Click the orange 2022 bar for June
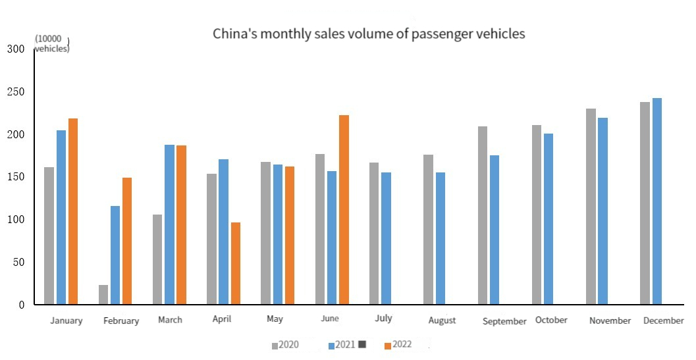tap(344, 209)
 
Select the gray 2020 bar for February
tap(103, 294)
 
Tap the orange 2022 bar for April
tap(236, 263)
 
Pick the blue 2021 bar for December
tap(656, 201)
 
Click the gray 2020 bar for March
tap(157, 259)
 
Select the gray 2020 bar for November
tap(591, 206)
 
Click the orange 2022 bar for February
tap(127, 241)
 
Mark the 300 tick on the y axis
tap(16, 49)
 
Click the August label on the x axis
tap(442, 321)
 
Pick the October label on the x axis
tap(551, 320)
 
